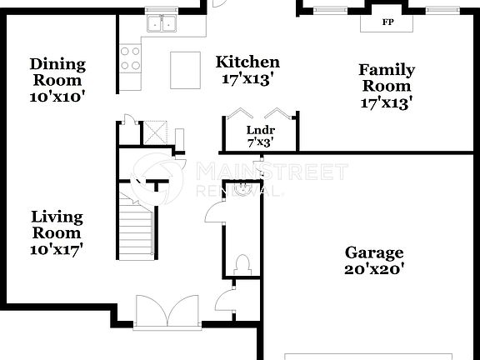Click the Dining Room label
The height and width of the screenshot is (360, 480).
[57, 72]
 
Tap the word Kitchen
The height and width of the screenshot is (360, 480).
[247, 62]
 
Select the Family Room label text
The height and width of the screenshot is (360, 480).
[387, 77]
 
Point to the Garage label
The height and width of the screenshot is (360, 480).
[374, 252]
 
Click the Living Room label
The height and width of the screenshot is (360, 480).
[57, 224]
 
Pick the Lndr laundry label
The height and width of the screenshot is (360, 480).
[260, 130]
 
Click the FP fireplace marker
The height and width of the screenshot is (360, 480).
[387, 22]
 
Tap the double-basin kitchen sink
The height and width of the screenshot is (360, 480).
[162, 24]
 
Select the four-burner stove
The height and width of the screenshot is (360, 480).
[130, 57]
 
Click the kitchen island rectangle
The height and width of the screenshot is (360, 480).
[185, 70]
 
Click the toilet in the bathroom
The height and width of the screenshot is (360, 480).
[242, 265]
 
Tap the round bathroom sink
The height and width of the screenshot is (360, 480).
[242, 189]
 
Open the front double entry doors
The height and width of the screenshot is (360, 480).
[167, 312]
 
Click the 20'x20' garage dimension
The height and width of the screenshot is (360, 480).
[374, 269]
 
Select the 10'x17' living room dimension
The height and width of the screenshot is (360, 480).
[57, 247]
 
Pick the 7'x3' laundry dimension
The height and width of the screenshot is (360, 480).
[260, 142]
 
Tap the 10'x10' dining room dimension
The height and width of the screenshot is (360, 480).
[57, 96]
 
